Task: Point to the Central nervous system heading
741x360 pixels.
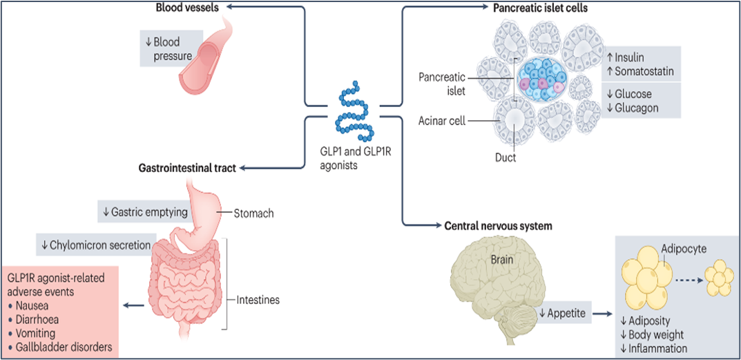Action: [x=498, y=225]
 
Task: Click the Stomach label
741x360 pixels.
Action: [x=254, y=213]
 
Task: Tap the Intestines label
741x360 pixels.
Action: [x=258, y=299]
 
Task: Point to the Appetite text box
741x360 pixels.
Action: [x=564, y=313]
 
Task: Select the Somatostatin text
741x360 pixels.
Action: [x=644, y=73]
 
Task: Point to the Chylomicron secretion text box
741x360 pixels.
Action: [x=97, y=244]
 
